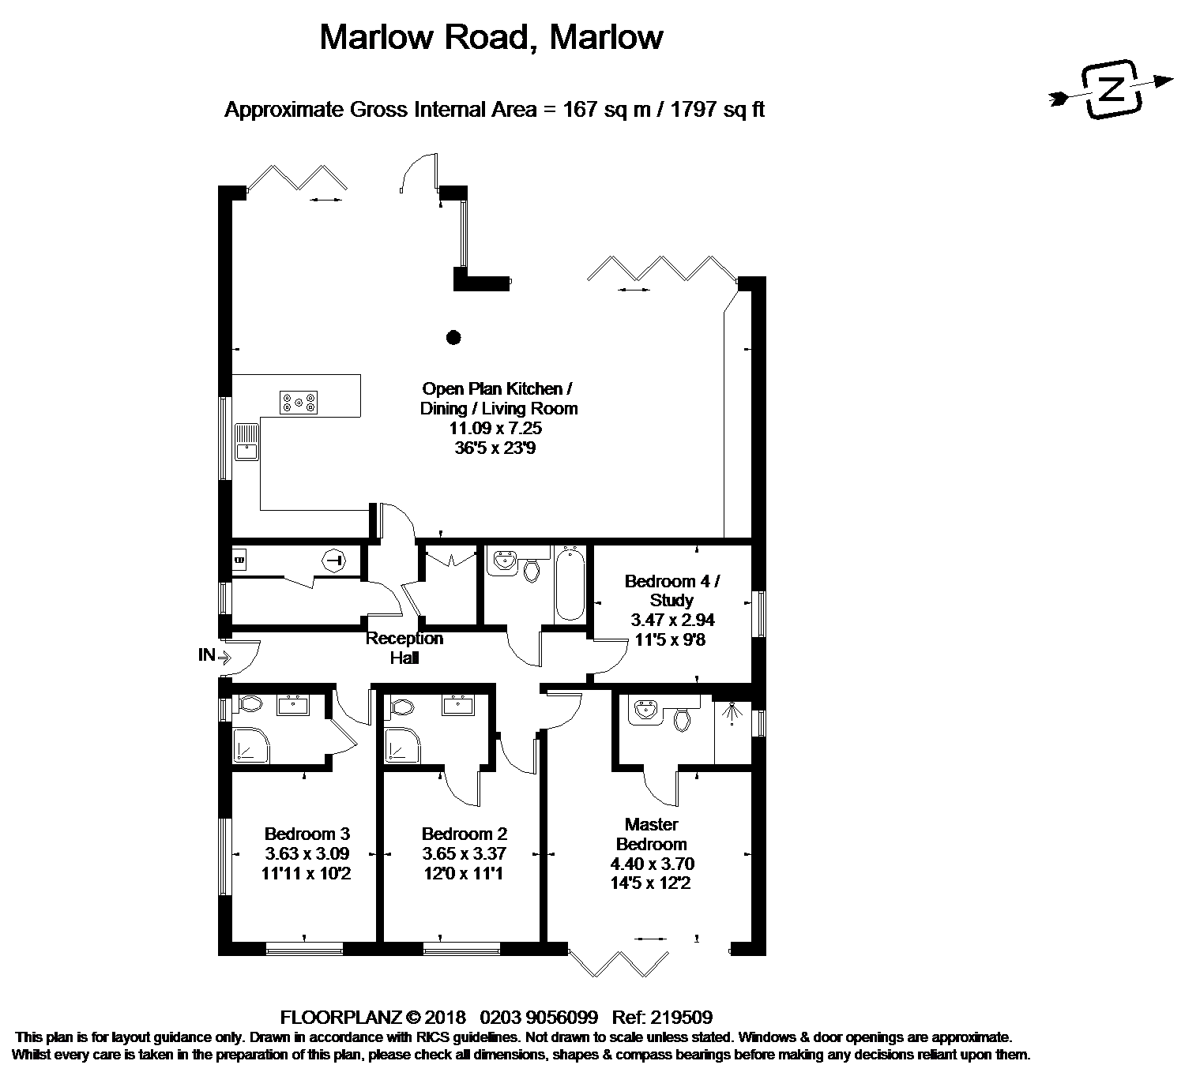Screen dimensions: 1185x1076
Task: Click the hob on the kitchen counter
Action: coord(299,402)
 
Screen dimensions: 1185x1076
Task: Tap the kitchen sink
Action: coord(247,442)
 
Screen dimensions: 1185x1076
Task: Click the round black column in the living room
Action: coord(453,337)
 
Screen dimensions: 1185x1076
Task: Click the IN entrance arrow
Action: coord(224,656)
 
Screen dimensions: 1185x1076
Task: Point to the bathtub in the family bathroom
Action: coord(570,583)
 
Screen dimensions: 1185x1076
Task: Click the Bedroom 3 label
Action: coord(307,834)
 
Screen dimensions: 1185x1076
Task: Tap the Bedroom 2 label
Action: coord(465,834)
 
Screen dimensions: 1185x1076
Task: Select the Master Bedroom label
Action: coord(651,834)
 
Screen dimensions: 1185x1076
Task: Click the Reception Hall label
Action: coord(404,648)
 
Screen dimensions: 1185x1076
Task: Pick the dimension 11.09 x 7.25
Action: coord(495,428)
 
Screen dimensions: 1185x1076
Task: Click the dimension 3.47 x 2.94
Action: coord(672,620)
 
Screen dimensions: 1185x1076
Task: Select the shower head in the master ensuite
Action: coord(732,712)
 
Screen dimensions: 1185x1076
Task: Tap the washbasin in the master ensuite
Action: coord(645,711)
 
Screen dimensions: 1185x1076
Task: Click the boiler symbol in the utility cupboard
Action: coord(335,560)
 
